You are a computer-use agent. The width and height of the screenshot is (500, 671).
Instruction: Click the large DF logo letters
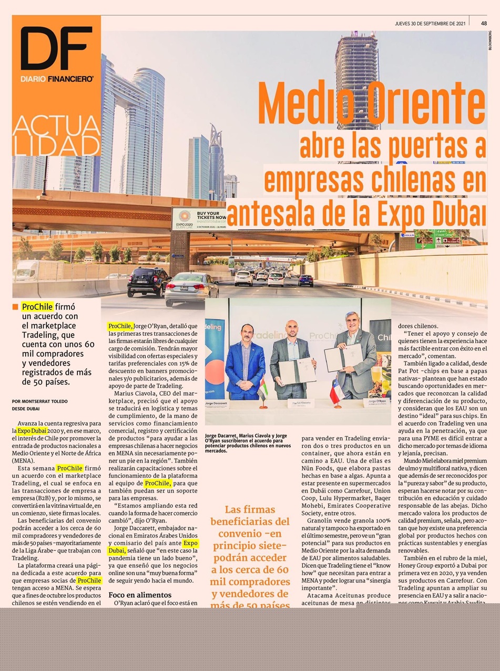click(56, 48)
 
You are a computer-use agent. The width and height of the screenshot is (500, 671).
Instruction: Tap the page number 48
click(483, 23)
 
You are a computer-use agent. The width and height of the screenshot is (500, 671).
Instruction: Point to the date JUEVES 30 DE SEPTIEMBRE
click(430, 23)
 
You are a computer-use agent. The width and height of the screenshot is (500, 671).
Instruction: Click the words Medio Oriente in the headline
click(372, 104)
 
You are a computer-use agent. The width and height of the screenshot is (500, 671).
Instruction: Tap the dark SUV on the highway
click(148, 282)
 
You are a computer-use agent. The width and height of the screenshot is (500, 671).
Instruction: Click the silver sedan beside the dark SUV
click(191, 288)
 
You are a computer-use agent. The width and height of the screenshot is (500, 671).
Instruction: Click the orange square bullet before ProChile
click(15, 307)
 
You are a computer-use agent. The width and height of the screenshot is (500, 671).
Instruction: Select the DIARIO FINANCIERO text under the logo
click(56, 78)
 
